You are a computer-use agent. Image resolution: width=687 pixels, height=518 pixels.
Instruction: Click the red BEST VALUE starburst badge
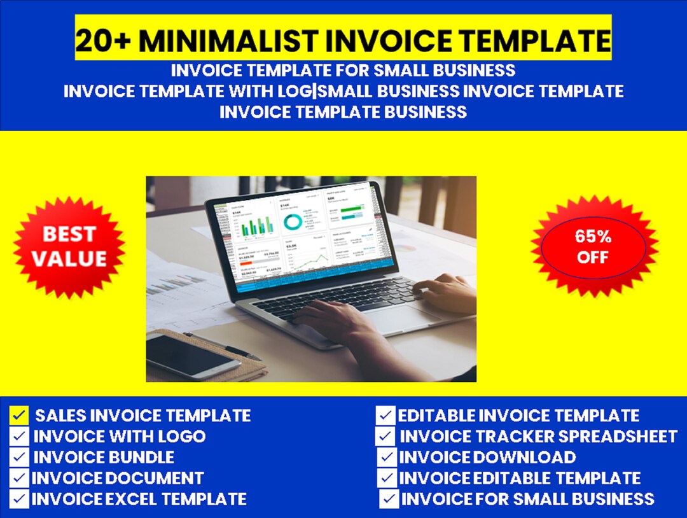click(x=69, y=247)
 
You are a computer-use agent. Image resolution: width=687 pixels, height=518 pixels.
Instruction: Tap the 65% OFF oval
click(x=593, y=247)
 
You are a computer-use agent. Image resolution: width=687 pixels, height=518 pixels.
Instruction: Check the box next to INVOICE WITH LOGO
click(x=20, y=437)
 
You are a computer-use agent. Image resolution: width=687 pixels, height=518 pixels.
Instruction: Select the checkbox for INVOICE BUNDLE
click(x=20, y=457)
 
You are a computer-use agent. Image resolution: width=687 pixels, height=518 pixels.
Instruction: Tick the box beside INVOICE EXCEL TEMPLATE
click(x=20, y=498)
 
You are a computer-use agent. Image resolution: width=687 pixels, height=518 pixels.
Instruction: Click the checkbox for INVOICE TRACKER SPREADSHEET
click(x=386, y=437)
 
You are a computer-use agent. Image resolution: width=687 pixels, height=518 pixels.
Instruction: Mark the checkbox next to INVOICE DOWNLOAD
click(x=387, y=457)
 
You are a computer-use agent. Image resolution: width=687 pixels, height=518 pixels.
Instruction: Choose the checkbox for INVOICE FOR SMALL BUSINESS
click(x=389, y=498)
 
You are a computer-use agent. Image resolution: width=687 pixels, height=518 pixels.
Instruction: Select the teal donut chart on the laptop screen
click(x=293, y=221)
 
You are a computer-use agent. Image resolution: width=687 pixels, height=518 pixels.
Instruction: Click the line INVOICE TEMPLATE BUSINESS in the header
click(x=343, y=112)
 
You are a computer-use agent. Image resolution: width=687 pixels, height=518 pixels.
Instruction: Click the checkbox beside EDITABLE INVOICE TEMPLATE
click(x=386, y=416)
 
